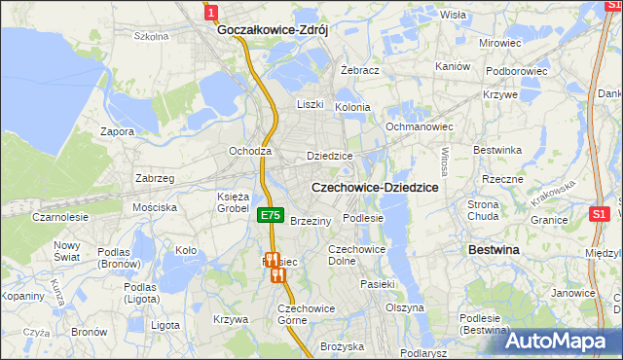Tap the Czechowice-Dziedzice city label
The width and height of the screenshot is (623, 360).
374,186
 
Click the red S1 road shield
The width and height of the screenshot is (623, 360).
600,213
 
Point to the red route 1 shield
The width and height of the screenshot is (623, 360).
211,11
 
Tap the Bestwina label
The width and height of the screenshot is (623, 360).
494,250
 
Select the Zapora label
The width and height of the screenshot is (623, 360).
117,130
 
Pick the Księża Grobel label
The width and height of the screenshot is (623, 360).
233,201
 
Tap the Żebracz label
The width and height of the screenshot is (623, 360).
360,71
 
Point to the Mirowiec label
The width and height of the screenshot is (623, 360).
499,44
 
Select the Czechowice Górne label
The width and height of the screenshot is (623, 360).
307,314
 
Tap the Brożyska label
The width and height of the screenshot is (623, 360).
342,346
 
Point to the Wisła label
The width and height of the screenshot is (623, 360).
453,15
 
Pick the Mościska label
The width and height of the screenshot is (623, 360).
155,207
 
